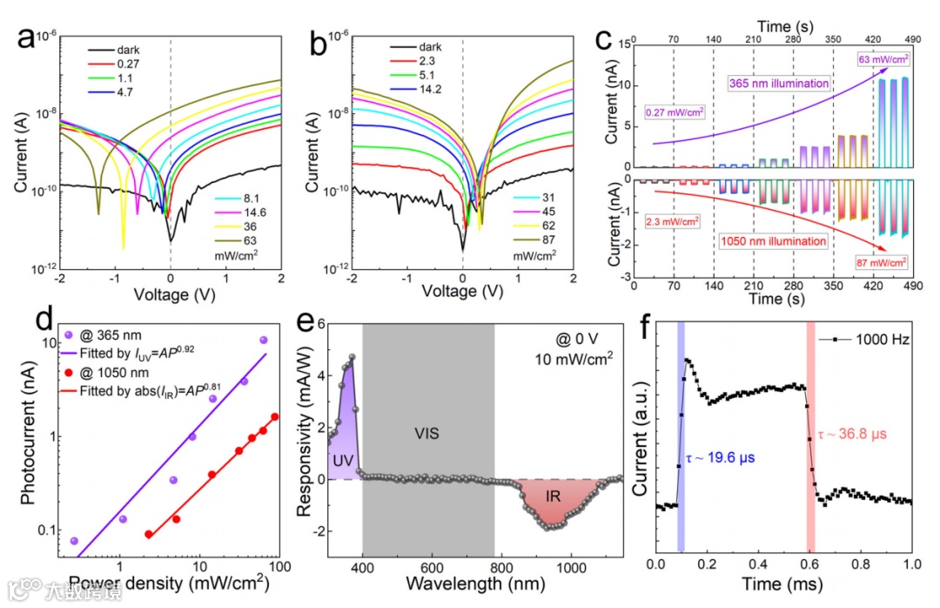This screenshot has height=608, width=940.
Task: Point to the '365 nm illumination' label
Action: pyautogui.click(x=778, y=84)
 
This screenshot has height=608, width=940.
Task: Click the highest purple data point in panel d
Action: pyautogui.click(x=264, y=340)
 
